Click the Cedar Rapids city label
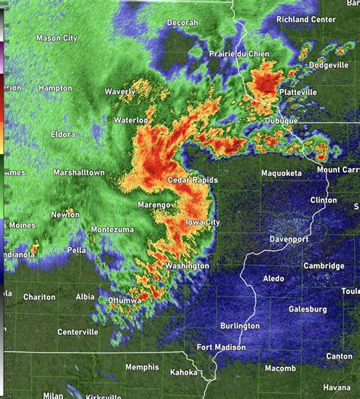click(x=192, y=180)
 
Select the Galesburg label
click(x=308, y=309)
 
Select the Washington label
click(x=188, y=266)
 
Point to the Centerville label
click(x=77, y=332)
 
